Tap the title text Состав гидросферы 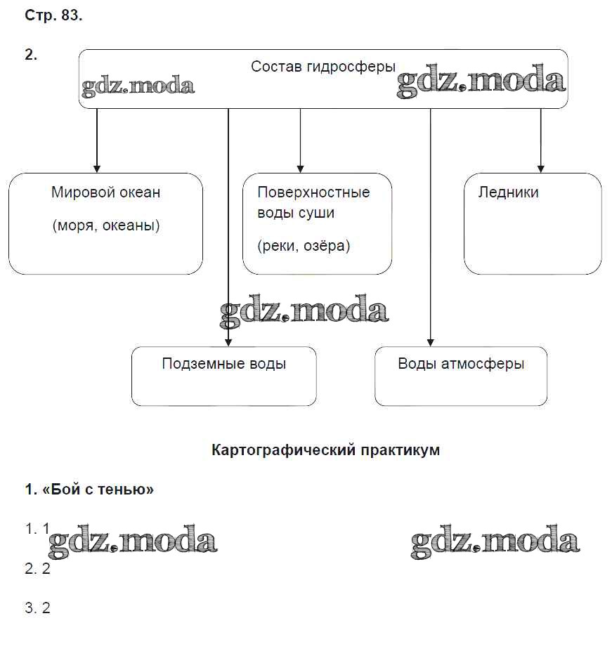[x=323, y=67]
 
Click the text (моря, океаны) [x=106, y=226]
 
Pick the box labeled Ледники [x=532, y=223]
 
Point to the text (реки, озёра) [x=304, y=246]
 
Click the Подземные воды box [x=223, y=376]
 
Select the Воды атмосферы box [x=461, y=376]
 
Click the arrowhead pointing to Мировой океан [x=97, y=169]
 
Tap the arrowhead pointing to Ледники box [x=540, y=169]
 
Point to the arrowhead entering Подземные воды [x=228, y=342]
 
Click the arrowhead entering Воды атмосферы [x=431, y=342]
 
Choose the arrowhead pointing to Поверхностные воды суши [x=300, y=169]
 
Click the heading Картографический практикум [x=325, y=450]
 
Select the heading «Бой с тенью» [x=89, y=490]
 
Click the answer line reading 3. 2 [x=38, y=608]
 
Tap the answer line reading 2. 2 [x=38, y=569]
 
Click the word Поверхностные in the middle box [x=313, y=192]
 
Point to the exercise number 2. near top [x=31, y=56]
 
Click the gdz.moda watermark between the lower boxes [x=304, y=312]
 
